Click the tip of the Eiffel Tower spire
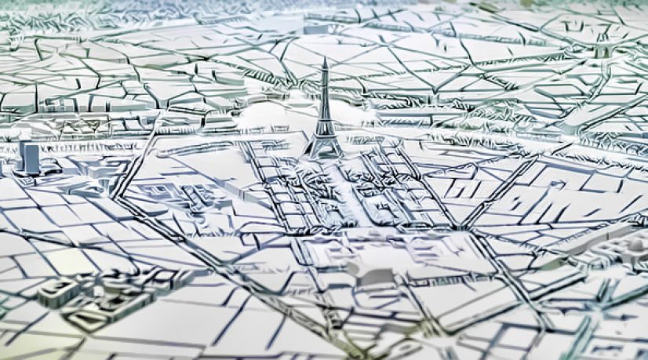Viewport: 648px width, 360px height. pos(323,57)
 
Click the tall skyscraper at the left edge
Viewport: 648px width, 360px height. pos(31,158)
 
